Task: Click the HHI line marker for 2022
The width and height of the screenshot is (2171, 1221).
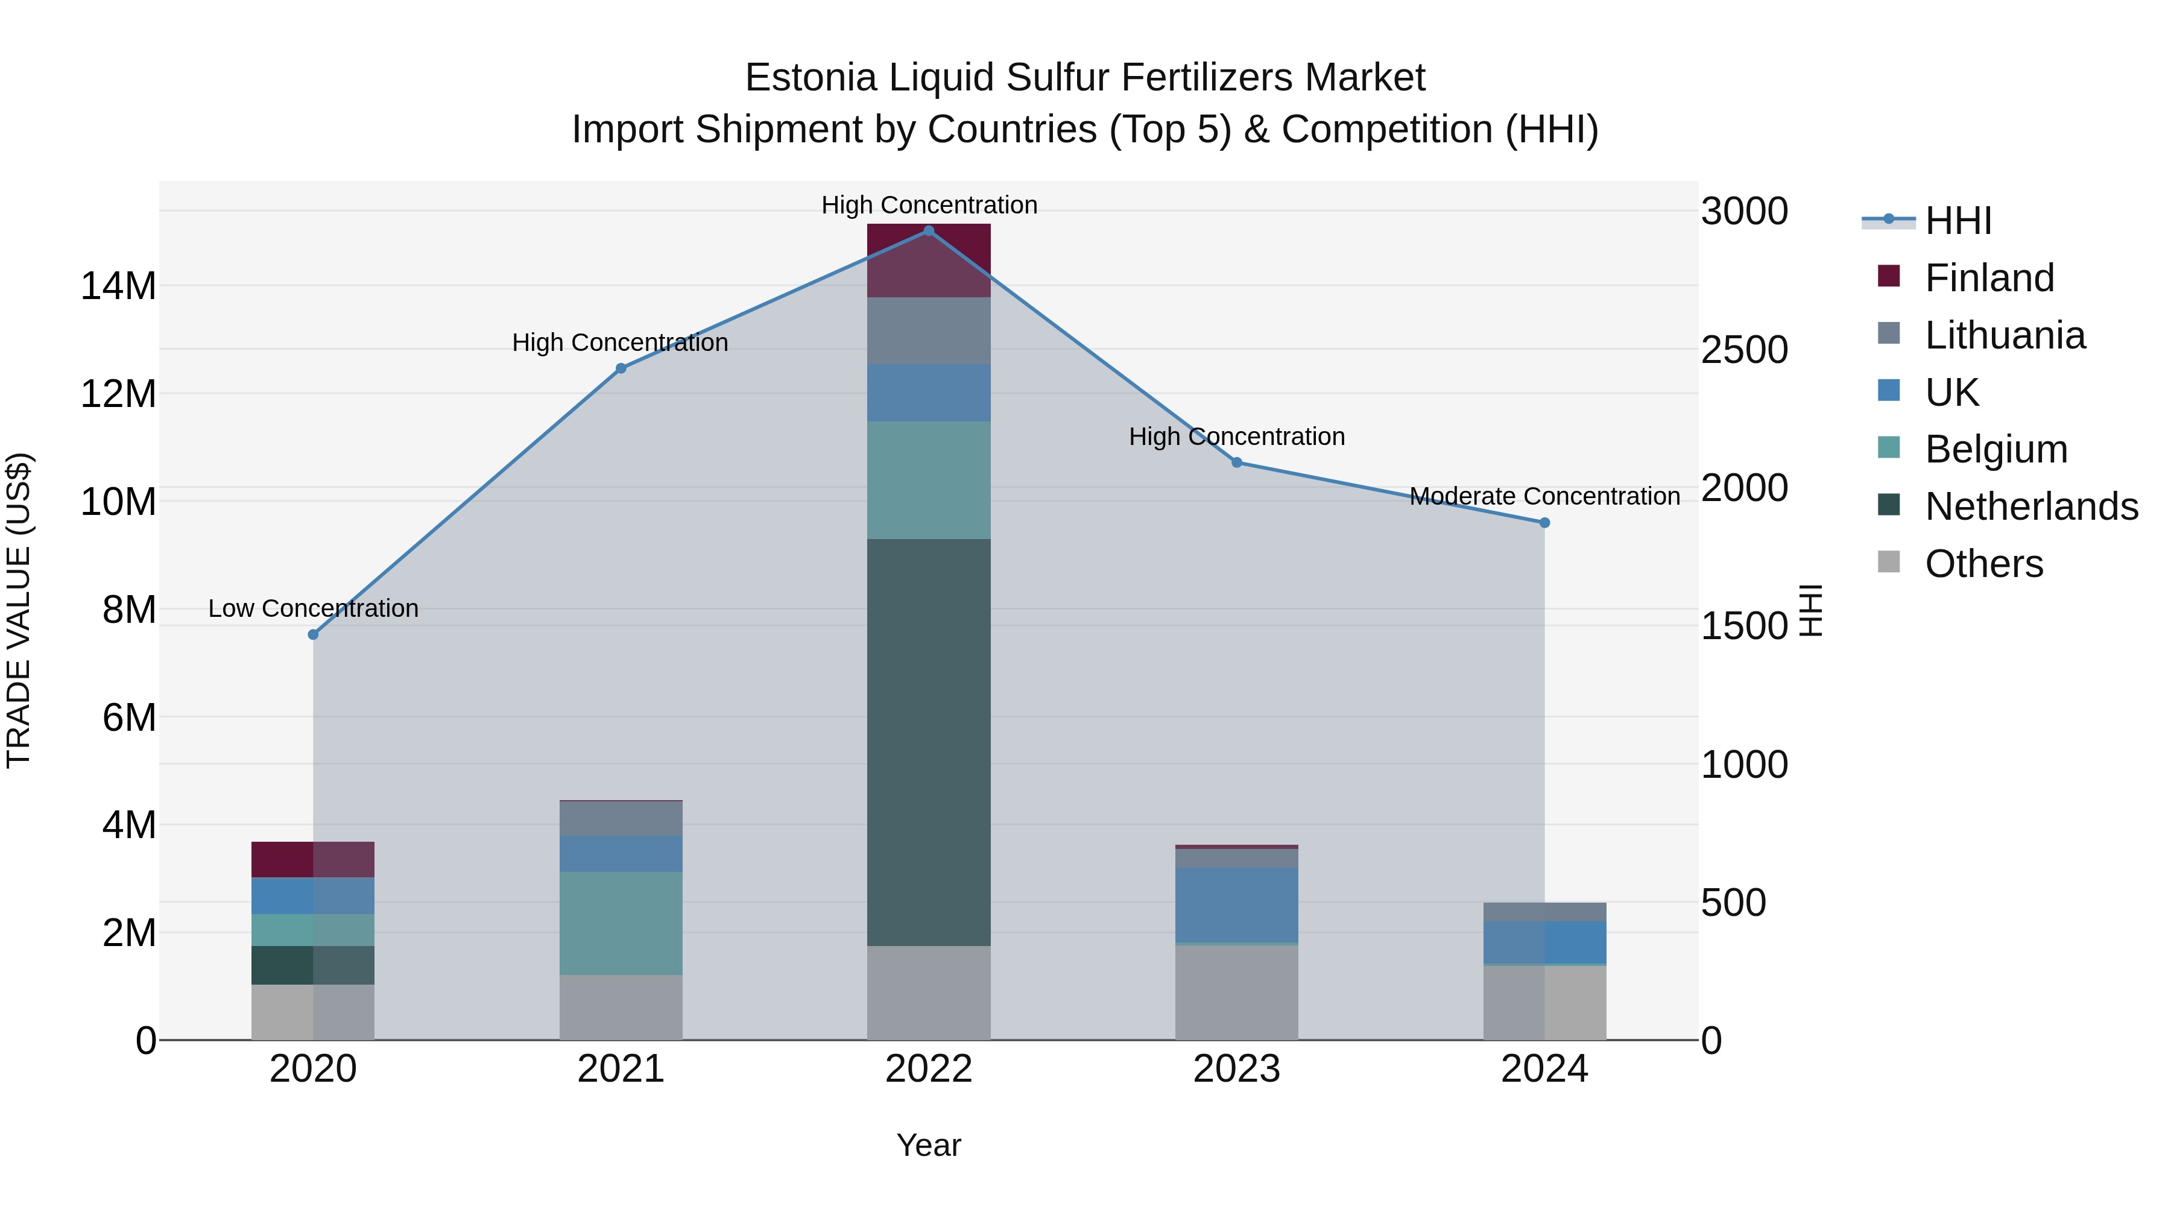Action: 929,231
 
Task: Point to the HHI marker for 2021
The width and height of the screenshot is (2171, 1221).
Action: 621,368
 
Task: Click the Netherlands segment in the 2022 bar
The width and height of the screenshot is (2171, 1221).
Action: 929,742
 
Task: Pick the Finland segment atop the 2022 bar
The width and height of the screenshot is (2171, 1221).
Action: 929,260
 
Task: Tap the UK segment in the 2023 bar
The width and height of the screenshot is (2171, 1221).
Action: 1236,904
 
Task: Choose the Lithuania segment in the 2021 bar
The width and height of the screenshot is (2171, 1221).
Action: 621,818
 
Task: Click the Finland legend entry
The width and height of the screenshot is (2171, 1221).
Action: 1989,278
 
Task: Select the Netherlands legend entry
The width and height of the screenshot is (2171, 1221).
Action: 2031,506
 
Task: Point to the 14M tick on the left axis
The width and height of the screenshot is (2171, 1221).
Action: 118,286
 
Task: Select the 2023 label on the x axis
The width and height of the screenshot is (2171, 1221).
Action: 1236,1069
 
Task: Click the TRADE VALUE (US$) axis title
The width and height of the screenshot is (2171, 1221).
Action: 19,610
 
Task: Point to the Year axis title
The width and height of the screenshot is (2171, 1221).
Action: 929,1145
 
